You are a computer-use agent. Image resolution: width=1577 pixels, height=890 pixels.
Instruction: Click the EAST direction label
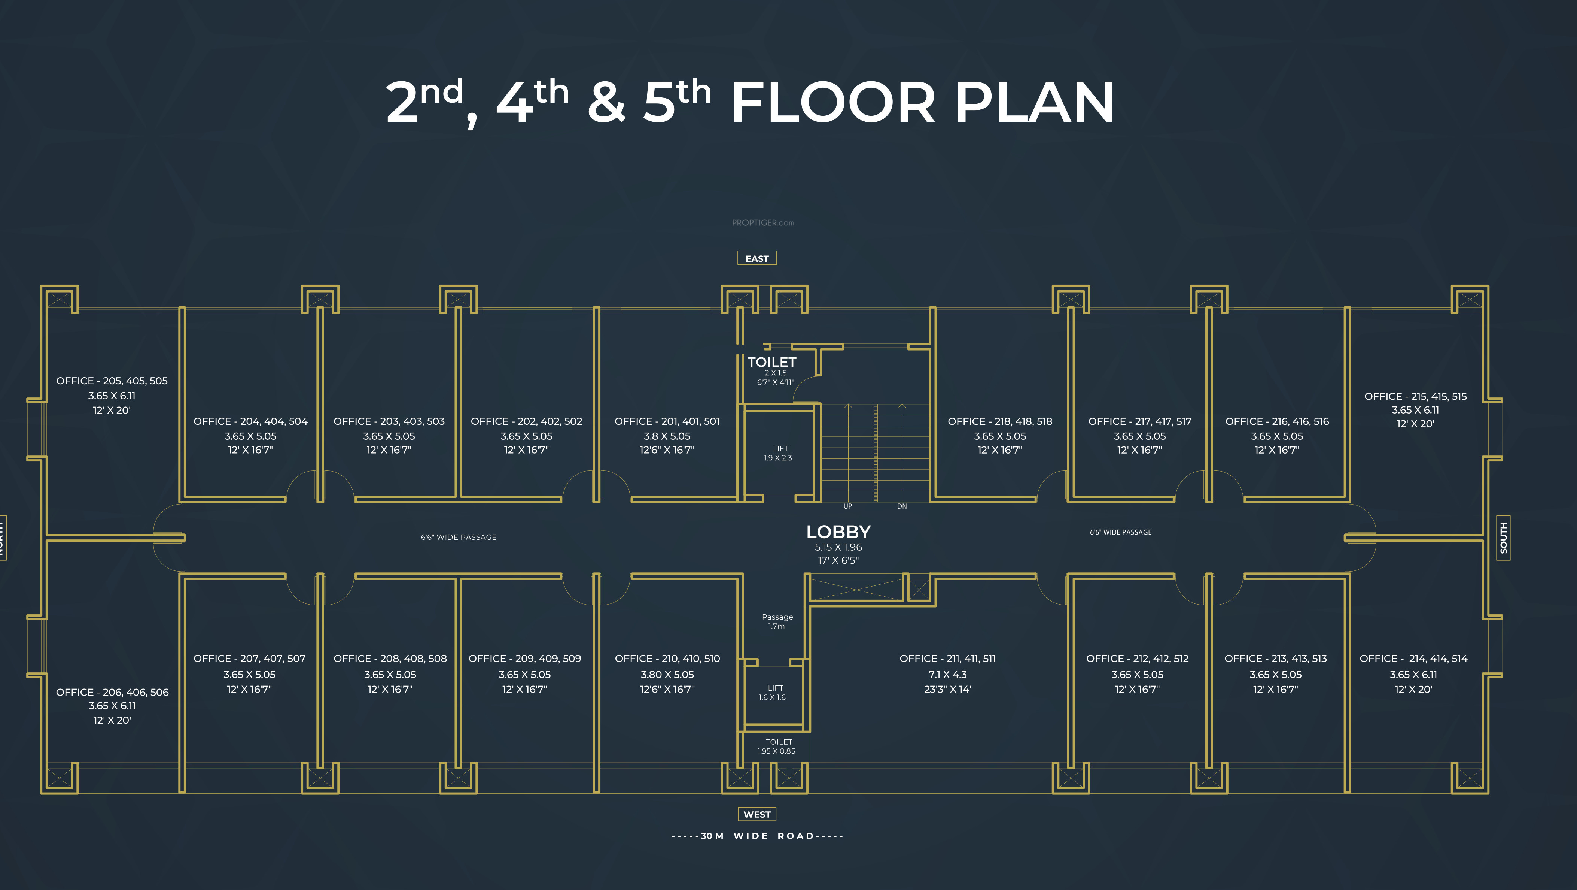click(756, 258)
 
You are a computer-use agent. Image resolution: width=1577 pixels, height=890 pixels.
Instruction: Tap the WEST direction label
click(756, 814)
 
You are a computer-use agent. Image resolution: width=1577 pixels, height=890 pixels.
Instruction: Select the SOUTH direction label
click(1503, 538)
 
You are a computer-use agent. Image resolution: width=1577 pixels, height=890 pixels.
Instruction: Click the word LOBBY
click(838, 532)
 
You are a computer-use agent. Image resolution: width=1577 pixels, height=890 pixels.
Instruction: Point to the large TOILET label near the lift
click(771, 362)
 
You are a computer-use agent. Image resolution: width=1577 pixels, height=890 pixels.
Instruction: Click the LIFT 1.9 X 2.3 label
click(778, 453)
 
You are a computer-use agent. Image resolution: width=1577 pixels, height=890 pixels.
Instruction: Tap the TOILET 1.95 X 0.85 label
click(777, 747)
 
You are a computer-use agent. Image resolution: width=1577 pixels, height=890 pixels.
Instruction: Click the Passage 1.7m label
click(777, 621)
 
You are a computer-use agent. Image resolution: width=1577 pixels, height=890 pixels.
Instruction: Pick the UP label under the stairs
click(847, 506)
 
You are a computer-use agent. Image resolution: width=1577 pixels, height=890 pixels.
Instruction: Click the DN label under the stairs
click(902, 506)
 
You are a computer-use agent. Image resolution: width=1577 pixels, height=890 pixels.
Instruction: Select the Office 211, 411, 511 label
click(948, 659)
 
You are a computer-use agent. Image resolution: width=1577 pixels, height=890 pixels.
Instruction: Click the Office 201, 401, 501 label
click(667, 421)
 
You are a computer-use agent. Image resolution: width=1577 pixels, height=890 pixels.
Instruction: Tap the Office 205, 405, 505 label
click(112, 381)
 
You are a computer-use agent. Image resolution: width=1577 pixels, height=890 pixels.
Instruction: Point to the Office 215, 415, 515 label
click(1415, 396)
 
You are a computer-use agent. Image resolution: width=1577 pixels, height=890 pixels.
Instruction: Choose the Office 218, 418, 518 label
click(1000, 421)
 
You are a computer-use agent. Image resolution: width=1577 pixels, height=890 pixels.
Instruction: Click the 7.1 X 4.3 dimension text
click(948, 674)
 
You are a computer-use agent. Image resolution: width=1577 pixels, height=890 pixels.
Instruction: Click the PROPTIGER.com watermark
click(763, 223)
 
